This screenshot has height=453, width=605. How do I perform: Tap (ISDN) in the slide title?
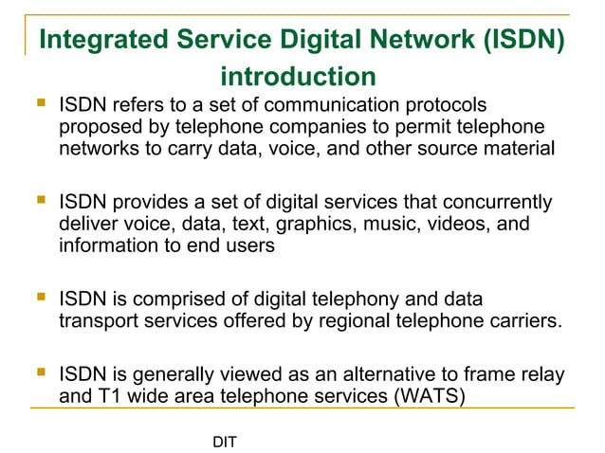(x=511, y=41)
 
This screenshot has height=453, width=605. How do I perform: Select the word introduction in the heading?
(x=298, y=76)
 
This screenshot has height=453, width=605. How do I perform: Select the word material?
(x=522, y=149)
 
